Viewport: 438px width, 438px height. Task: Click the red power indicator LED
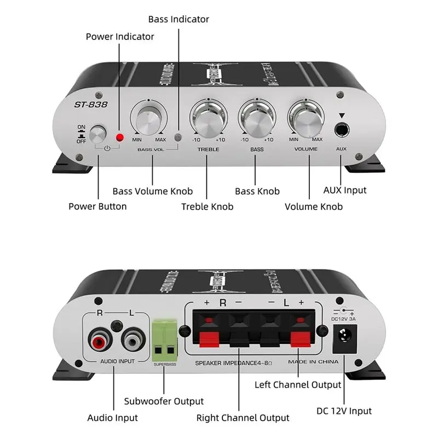click(119, 136)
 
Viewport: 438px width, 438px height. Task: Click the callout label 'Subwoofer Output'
click(164, 401)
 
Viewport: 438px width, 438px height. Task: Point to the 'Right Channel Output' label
click(243, 418)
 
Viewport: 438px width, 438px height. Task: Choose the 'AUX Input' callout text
click(345, 190)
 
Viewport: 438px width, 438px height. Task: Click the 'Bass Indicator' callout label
click(178, 19)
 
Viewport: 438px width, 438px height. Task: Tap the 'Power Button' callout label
click(97, 206)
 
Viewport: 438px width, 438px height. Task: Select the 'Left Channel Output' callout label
click(298, 384)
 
